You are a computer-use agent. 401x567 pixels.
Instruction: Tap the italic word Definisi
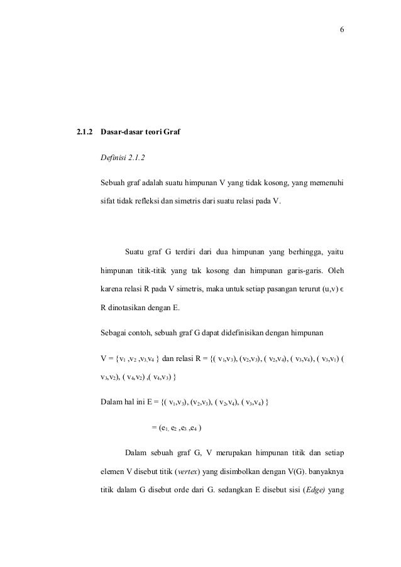click(x=114, y=158)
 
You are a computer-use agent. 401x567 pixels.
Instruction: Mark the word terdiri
click(x=188, y=253)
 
